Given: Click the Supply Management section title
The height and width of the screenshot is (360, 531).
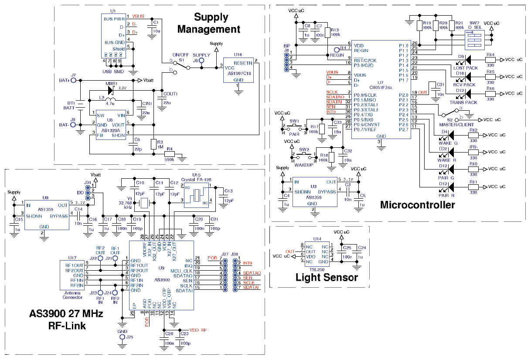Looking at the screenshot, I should click(208, 23).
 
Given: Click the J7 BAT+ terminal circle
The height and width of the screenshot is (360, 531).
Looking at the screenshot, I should click(74, 81).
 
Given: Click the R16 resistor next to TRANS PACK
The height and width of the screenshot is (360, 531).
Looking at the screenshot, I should click(490, 94).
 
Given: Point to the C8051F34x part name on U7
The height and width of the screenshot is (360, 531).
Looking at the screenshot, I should click(381, 87).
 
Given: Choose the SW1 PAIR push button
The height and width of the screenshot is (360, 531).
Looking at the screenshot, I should click(295, 127).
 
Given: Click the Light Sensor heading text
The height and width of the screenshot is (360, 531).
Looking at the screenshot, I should click(327, 277).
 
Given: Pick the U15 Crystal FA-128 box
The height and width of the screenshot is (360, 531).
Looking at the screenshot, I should click(197, 194).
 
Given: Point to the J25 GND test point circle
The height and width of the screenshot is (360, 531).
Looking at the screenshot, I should click(123, 337).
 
